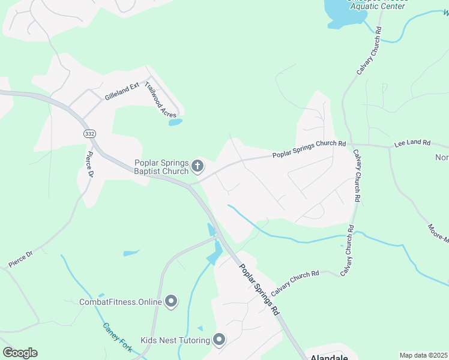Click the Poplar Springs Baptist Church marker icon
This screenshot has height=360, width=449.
pos(198,166)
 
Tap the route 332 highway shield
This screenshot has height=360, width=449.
pos(89,134)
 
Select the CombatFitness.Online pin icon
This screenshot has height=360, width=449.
pos(172,301)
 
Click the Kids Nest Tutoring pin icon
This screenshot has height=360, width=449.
pos(219,340)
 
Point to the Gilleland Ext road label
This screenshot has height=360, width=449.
pos(122,92)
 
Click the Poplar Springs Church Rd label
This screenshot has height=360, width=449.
pos(309,148)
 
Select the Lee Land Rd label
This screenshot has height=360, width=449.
pos(412,143)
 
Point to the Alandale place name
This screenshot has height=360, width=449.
pos(330,357)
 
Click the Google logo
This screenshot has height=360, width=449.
pos(20,353)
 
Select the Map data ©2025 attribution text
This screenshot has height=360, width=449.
pos(423,355)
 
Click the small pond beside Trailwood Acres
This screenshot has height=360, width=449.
pos(175,122)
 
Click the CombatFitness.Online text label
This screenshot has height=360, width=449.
pos(121,302)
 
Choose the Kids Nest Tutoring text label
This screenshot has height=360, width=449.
pos(175,341)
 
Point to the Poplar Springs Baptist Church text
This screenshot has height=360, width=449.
pos(161,166)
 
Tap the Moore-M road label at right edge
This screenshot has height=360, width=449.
pos(438,233)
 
